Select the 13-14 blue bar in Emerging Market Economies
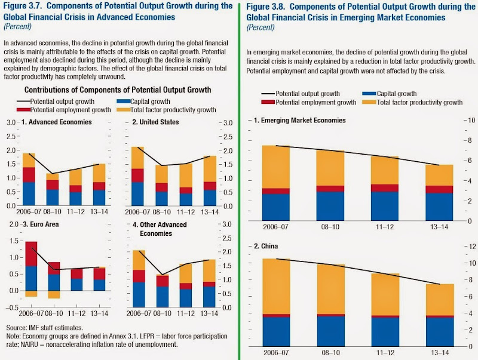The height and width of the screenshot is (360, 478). coord(439,207)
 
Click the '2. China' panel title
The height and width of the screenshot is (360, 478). coord(266,245)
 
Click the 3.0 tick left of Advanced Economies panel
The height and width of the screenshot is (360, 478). coord(10,122)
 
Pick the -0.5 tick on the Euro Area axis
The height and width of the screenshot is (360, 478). coord(9,307)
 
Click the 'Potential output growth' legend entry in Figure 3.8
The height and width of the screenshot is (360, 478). coord(302,94)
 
